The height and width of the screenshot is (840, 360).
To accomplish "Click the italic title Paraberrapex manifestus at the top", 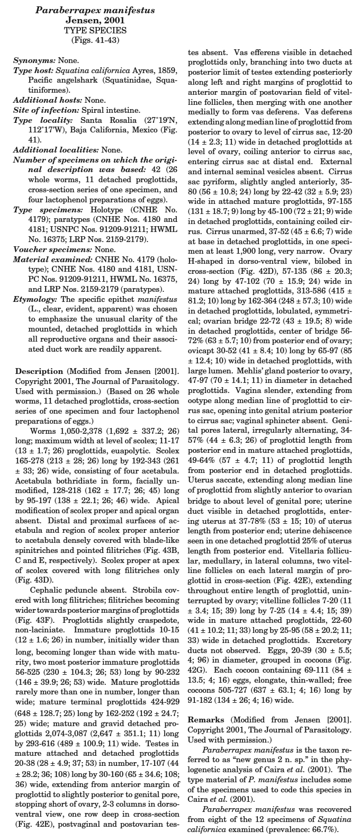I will (95, 10).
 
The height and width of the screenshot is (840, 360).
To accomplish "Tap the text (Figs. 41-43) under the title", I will (95, 39).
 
